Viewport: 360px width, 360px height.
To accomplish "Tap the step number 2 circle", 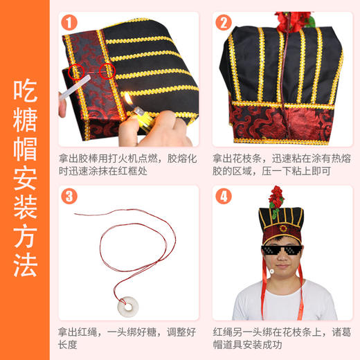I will pos(224,22).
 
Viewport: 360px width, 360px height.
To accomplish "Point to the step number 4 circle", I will pos(224,196).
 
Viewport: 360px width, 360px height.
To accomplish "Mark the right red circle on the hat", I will pos(107,71).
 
